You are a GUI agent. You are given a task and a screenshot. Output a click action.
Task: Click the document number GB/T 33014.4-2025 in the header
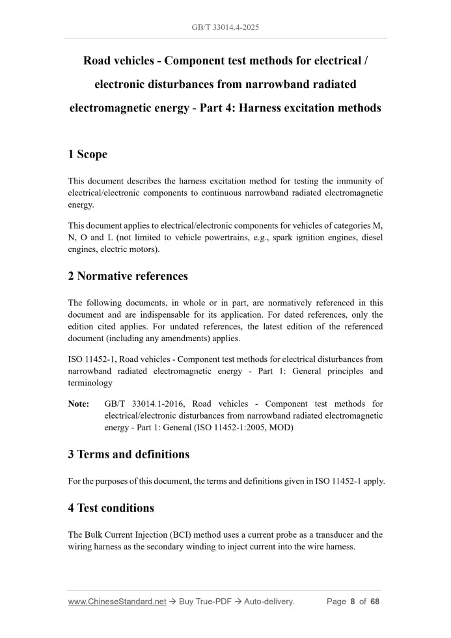coord(225,27)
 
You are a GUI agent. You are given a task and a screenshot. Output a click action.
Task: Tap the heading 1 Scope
coord(88,154)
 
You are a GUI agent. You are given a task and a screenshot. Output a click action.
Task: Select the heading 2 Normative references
coord(128,276)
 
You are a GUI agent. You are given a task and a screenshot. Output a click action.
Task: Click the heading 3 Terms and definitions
coord(129,454)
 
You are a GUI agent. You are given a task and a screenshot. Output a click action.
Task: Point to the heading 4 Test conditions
coord(111,508)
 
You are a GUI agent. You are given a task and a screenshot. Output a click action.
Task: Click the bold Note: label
coord(79,404)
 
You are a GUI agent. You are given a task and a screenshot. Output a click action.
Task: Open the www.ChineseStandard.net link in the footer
coord(117,602)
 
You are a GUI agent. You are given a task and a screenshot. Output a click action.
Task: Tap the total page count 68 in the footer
coord(374,602)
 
